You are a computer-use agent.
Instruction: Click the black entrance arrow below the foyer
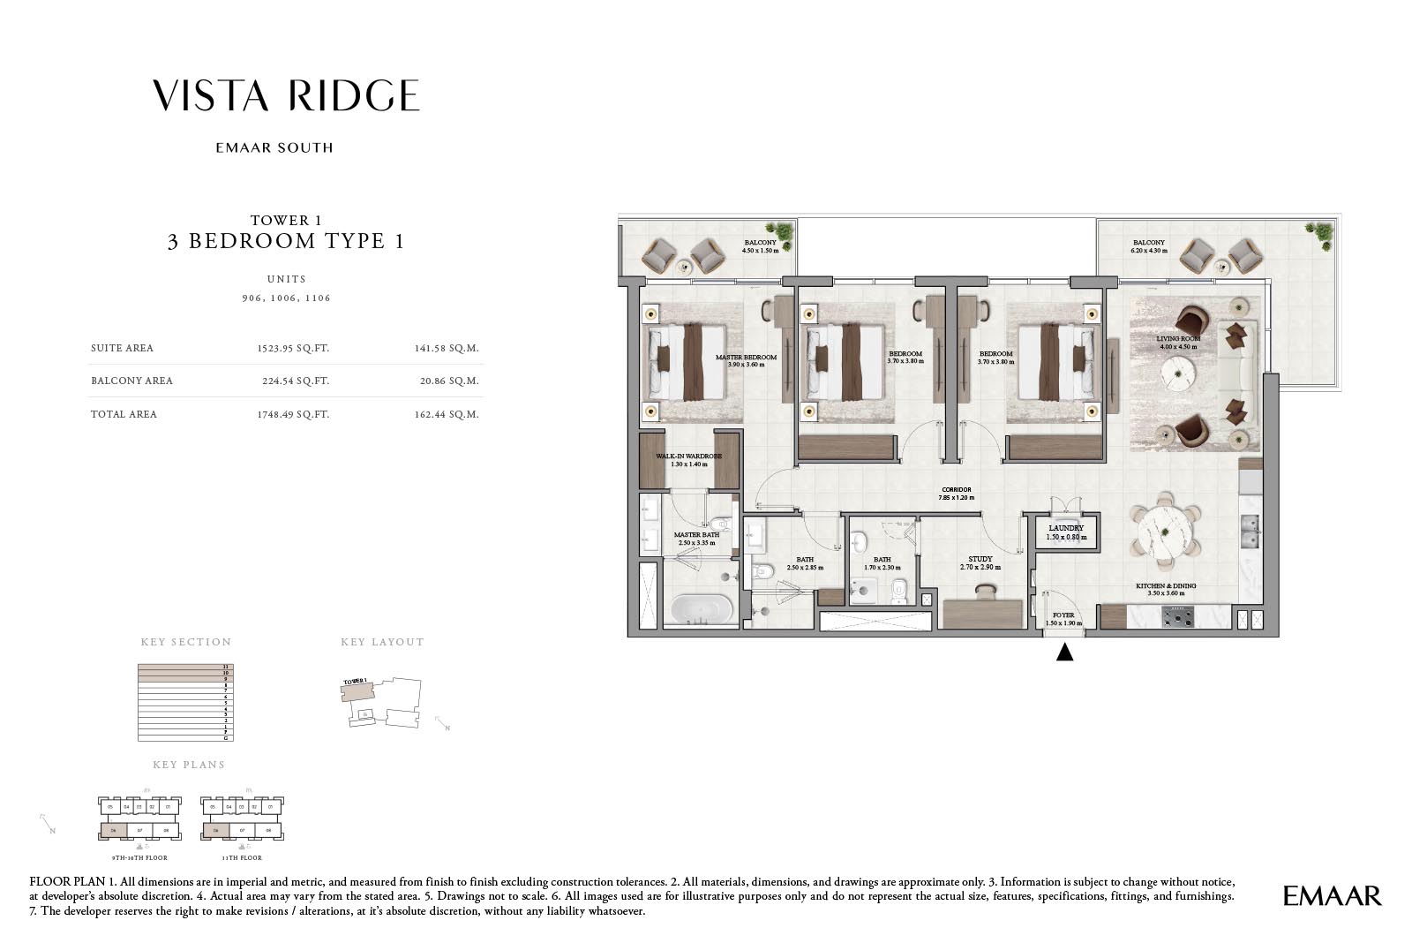[x=1064, y=653]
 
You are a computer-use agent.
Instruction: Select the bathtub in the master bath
[x=701, y=609]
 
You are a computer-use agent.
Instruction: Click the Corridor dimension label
[x=957, y=494]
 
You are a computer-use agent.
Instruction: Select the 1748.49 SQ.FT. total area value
[x=293, y=414]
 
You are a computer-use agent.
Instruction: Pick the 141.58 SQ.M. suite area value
[x=446, y=348]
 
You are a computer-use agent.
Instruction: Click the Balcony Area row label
[x=131, y=381]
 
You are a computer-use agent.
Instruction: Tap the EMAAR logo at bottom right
[x=1332, y=895]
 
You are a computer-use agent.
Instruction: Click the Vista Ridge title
[x=285, y=95]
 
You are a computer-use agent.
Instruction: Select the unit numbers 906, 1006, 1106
[x=286, y=298]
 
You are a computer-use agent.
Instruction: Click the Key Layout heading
[x=382, y=642]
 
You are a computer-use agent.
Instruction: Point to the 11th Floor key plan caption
[x=242, y=857]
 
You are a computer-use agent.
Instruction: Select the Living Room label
[x=1178, y=342]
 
